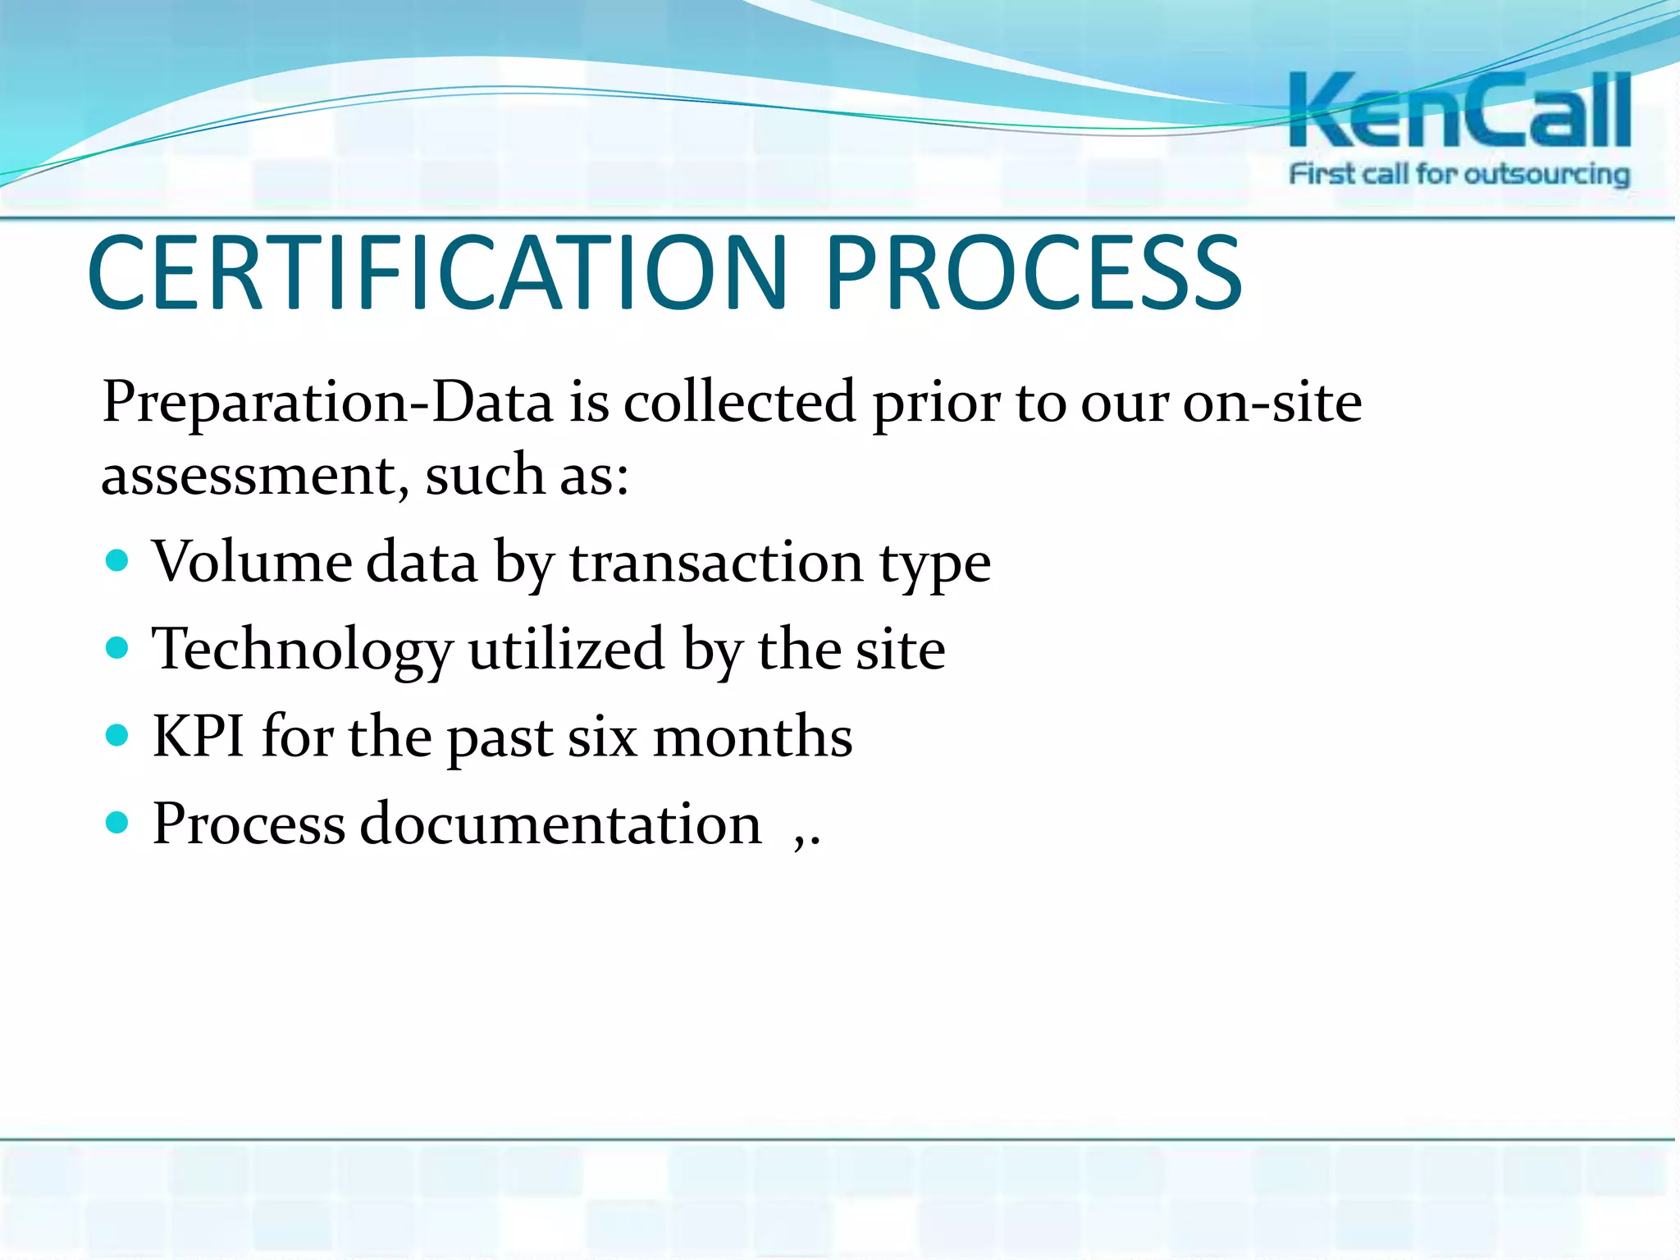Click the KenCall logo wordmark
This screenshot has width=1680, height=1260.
(1459, 111)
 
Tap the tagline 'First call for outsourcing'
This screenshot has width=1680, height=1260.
(1459, 175)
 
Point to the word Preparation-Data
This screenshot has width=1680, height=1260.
(327, 404)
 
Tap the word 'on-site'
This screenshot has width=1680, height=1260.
(1272, 404)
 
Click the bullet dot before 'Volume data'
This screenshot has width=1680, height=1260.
(118, 561)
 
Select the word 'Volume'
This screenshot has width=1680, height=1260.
(252, 563)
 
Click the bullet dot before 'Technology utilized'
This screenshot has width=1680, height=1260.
(118, 649)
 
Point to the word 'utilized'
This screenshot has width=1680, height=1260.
(567, 650)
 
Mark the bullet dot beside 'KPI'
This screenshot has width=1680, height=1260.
(118, 735)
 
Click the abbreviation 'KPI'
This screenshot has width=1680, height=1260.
(198, 737)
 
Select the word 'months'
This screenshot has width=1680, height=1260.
(752, 737)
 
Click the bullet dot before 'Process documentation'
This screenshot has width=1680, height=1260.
(118, 822)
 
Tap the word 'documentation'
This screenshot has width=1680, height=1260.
(560, 824)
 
